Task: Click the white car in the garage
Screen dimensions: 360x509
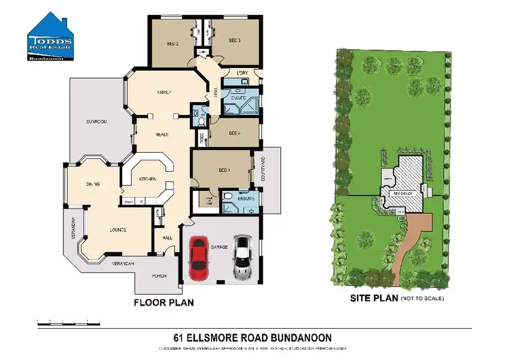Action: click(242, 257)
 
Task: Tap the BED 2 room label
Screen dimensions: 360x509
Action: click(172, 42)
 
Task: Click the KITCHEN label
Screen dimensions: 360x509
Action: click(148, 179)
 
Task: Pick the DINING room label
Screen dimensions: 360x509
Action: click(94, 184)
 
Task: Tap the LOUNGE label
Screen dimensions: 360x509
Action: click(118, 230)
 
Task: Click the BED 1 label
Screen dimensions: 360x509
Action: click(224, 170)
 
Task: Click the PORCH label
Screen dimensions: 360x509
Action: click(159, 276)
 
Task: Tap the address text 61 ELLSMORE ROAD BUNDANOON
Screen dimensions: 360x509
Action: click(252, 336)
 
